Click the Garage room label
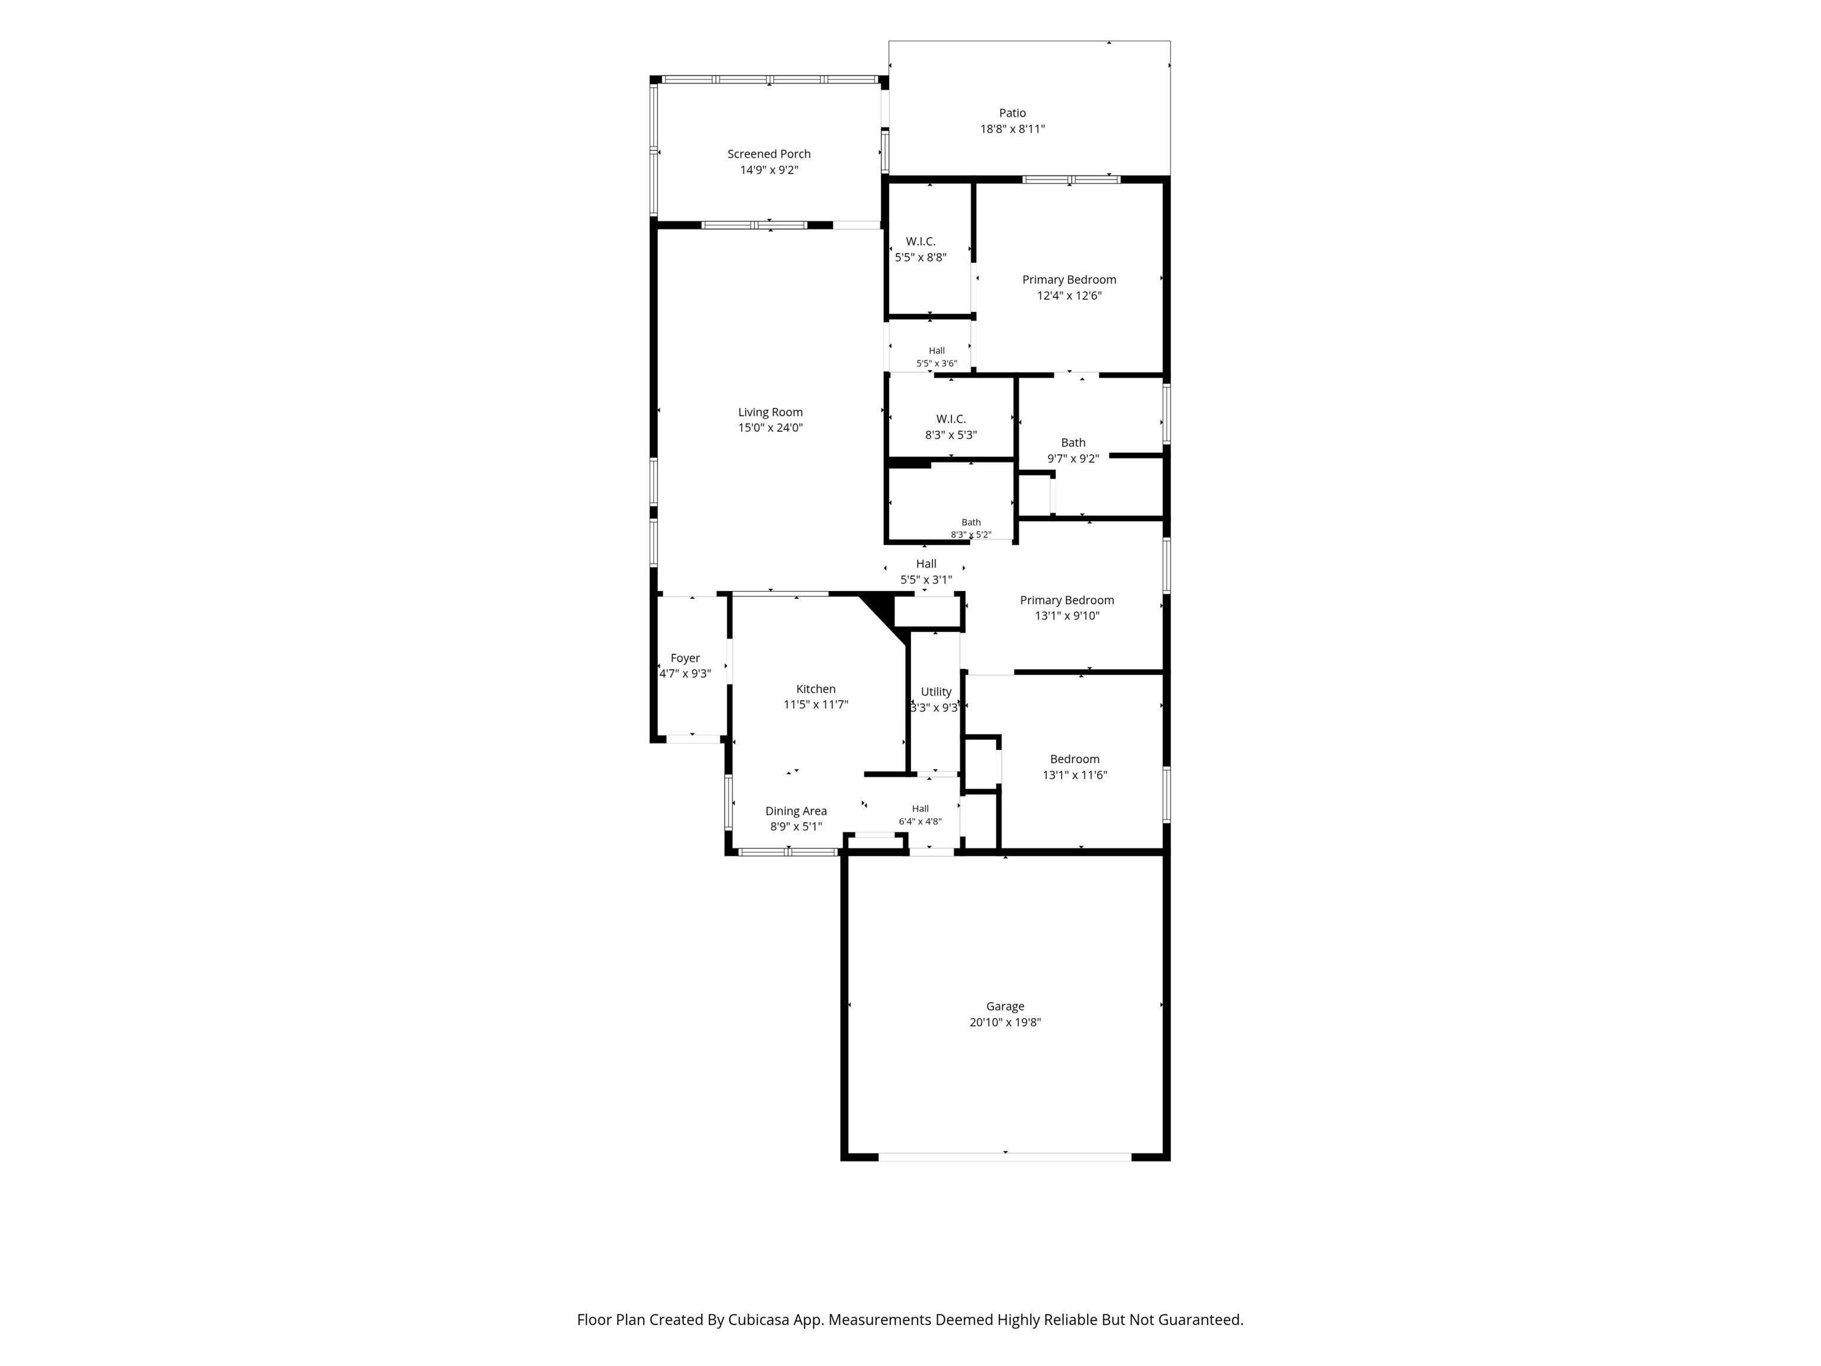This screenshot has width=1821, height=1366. click(1005, 1006)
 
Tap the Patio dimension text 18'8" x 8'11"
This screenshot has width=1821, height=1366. click(1012, 129)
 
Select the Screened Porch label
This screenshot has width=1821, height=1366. click(769, 154)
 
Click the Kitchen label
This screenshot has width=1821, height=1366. click(816, 689)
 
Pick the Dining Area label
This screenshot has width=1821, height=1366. click(796, 811)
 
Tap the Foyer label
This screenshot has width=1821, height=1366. click(685, 658)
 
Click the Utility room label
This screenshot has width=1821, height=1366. click(936, 692)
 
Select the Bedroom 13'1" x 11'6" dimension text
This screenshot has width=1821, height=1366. click(1075, 775)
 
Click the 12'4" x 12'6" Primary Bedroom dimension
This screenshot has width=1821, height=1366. click(1069, 296)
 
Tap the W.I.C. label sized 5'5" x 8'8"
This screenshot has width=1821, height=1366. click(921, 241)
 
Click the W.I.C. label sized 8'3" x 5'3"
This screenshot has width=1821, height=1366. click(951, 419)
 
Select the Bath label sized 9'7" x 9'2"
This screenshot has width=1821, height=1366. click(1074, 443)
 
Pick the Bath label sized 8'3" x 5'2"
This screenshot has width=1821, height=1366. click(972, 522)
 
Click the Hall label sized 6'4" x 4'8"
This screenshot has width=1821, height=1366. click(921, 809)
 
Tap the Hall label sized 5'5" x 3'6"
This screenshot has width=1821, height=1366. click(937, 351)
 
